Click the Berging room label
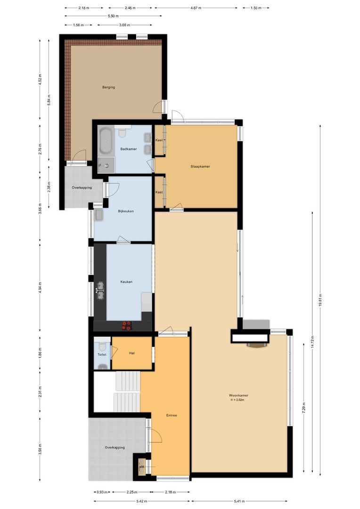(109, 87)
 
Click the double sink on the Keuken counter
(100, 290)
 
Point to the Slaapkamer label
(200, 166)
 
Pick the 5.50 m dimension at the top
(113, 16)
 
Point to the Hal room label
(132, 353)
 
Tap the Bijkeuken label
(126, 211)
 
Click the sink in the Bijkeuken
(99, 215)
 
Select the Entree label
(172, 415)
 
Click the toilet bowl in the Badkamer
(122, 133)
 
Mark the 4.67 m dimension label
(196, 8)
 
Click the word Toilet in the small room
(102, 354)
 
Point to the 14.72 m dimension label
(312, 342)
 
